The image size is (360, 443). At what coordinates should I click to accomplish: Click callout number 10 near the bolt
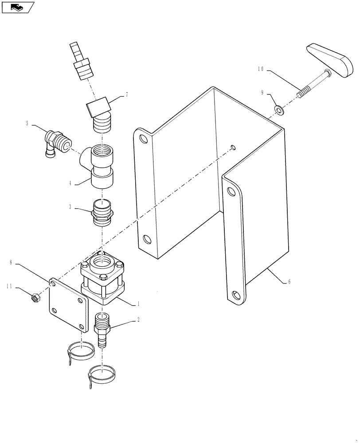click(x=260, y=69)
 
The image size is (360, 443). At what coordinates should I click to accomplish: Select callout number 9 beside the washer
click(x=262, y=93)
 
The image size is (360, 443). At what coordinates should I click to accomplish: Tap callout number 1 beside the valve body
click(x=139, y=304)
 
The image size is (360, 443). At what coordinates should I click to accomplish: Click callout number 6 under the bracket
click(x=290, y=282)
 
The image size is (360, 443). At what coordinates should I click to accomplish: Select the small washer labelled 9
click(x=279, y=109)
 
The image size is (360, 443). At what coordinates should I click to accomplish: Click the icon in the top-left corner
click(x=17, y=7)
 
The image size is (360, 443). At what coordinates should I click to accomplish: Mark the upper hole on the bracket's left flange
click(x=144, y=139)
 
